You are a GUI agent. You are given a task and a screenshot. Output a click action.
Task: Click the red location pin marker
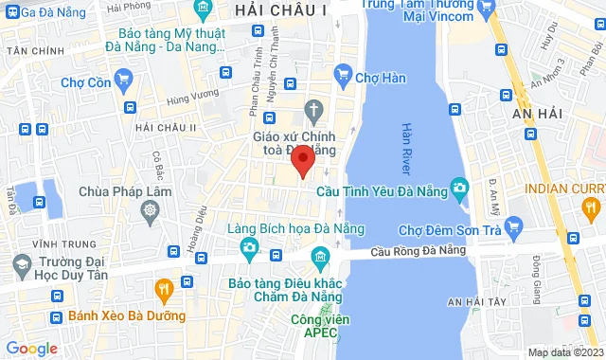tap(302, 158)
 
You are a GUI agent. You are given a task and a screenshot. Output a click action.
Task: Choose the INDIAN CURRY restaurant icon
tap(591, 206)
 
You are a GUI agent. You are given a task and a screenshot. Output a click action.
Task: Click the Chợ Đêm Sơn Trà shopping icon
tap(514, 226)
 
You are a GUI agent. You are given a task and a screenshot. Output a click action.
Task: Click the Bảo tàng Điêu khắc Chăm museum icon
tap(318, 259)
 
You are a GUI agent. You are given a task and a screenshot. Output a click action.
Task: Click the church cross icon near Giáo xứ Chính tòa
tap(312, 111)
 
